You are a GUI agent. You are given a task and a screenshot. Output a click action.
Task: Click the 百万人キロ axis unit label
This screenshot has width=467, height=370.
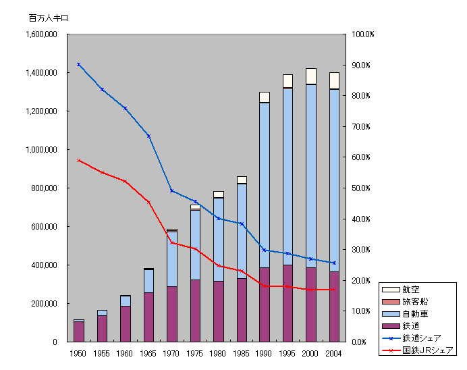point(48,18)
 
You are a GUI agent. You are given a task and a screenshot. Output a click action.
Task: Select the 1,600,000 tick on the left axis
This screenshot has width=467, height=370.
point(40,34)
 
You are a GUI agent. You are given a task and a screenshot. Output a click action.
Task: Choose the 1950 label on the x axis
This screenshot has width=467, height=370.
point(79,353)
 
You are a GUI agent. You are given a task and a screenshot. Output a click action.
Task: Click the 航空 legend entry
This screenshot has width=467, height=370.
point(411,289)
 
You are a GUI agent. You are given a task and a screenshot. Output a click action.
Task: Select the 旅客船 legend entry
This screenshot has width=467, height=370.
point(415,301)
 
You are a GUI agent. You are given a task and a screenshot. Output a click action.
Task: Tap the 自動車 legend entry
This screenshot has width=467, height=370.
point(415,313)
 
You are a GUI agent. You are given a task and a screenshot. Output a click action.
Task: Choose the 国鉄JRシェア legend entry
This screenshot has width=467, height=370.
point(428,350)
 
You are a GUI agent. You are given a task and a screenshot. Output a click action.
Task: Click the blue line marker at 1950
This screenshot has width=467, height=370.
point(79,64)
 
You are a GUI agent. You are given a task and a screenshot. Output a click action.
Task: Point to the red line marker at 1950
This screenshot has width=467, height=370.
point(79,160)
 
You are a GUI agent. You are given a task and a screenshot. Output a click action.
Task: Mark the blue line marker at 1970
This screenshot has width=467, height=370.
point(172,191)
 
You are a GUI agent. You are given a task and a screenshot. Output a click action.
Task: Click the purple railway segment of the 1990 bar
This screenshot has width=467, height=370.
point(265,305)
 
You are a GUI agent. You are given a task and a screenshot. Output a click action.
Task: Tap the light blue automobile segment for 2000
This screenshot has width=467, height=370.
point(311,176)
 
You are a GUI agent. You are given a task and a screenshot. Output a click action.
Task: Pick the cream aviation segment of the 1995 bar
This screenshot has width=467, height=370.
point(287,81)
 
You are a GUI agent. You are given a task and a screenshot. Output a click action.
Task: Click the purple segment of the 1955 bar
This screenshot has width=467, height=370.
point(103,329)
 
